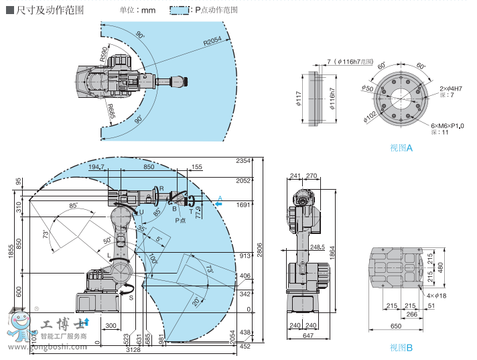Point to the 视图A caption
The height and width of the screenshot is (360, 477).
tap(401, 147)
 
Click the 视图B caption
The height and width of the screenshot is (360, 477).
tap(401, 347)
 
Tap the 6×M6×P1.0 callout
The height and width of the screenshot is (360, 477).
tap(448, 125)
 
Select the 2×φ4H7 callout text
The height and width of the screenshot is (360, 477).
tap(452, 88)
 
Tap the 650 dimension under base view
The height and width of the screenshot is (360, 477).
tap(396, 326)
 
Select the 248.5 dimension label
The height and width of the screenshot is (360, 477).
tap(318, 247)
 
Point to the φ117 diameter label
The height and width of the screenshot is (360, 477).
tap(298, 100)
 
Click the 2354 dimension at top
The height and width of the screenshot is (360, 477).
tap(243, 161)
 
